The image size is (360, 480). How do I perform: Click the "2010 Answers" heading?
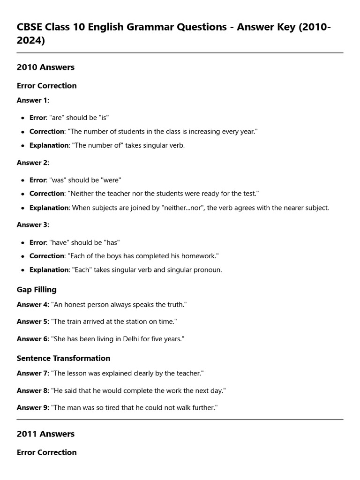(x=45, y=67)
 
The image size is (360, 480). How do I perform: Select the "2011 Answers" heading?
(x=45, y=434)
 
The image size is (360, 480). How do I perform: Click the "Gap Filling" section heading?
(x=37, y=290)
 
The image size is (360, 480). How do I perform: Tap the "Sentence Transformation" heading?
(x=63, y=358)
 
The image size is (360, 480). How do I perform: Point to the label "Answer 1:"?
(x=33, y=100)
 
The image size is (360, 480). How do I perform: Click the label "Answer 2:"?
(x=33, y=163)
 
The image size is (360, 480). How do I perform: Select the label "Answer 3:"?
(x=33, y=225)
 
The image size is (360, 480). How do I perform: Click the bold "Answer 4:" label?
(x=33, y=305)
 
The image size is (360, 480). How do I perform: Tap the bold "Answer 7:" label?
(x=33, y=374)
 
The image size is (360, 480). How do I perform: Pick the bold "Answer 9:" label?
(x=33, y=408)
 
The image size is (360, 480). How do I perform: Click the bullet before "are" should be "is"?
(x=22, y=118)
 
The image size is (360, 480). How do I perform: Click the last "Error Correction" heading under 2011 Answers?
(x=46, y=452)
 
